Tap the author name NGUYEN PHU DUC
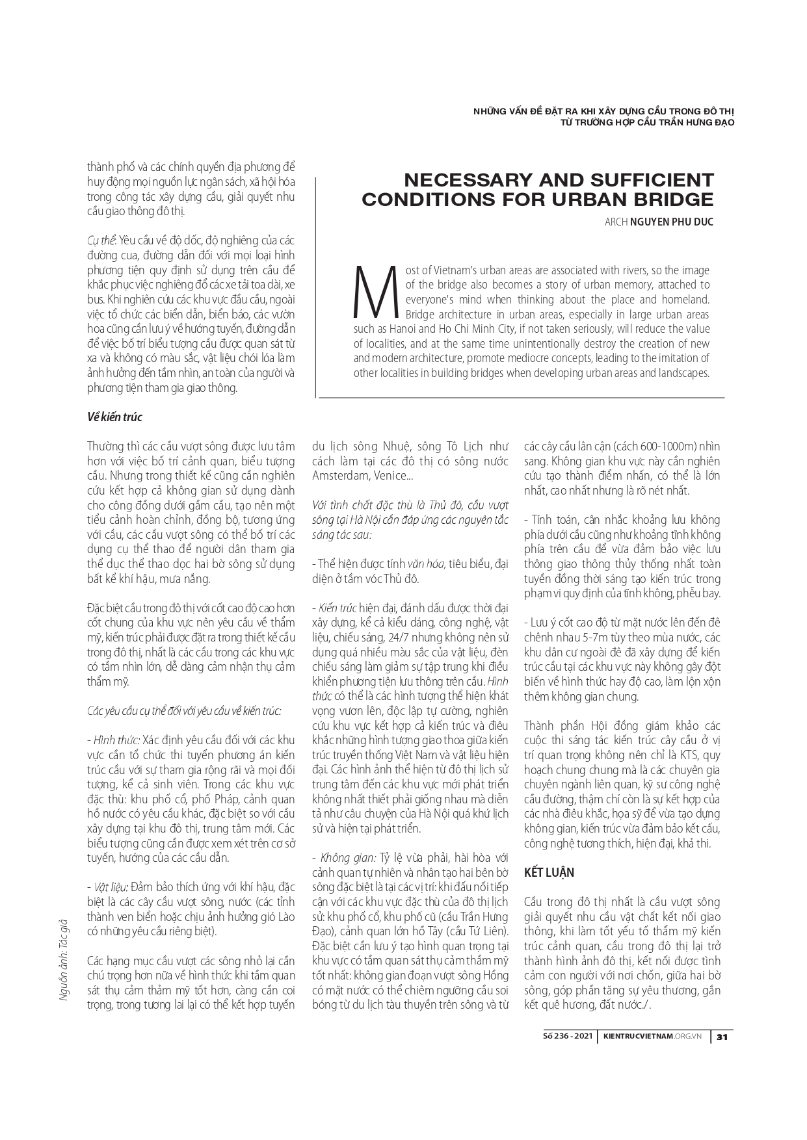pyautogui.click(x=672, y=222)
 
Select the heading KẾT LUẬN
pyautogui.click(x=549, y=873)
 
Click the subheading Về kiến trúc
pyautogui.click(x=114, y=417)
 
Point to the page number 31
pyautogui.click(x=721, y=1037)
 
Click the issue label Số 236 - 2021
pyautogui.click(x=568, y=1037)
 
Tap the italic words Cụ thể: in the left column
pyautogui.click(x=102, y=241)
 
